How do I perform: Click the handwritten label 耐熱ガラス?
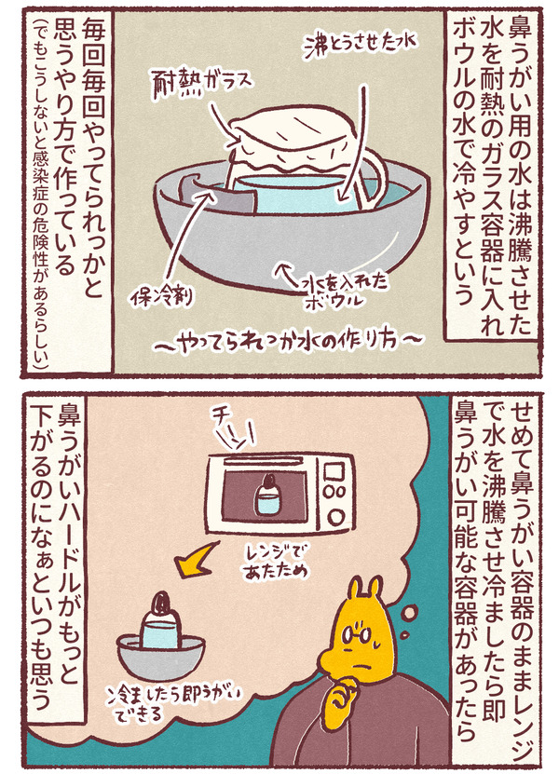point(202,81)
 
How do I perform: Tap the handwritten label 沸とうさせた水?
point(360,45)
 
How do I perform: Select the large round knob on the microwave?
point(337,517)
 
